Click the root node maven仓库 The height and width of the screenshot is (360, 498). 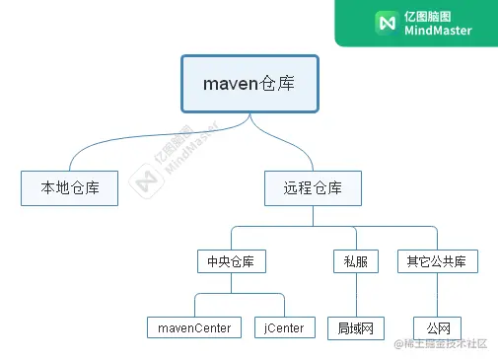tap(249, 84)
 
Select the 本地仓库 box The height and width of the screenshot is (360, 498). tap(69, 187)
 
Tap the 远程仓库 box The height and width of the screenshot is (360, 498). tap(313, 187)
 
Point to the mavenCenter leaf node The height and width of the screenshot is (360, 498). tap(194, 327)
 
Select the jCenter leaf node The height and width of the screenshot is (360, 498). tap(284, 327)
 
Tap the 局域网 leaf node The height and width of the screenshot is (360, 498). tap(355, 327)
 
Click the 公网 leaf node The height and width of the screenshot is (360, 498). tap(438, 327)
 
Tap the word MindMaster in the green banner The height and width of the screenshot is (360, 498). tap(439, 31)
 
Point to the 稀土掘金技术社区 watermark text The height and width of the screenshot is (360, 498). tap(449, 344)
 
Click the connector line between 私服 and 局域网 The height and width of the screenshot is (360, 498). tap(355, 294)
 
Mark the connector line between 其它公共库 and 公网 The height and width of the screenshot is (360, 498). tap(438, 294)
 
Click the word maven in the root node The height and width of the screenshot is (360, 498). tap(230, 84)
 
